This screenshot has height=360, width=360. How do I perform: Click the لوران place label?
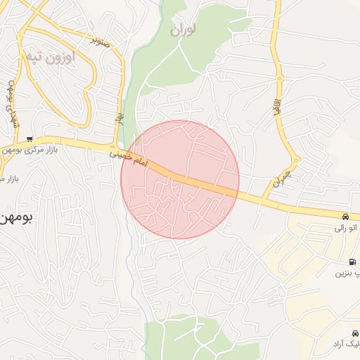(x=183, y=30)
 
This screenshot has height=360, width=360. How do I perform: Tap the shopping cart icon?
(x=29, y=139)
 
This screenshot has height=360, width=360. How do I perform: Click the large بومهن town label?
(x=15, y=219)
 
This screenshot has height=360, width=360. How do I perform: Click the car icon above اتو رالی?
(x=347, y=217)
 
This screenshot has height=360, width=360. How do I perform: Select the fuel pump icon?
(x=352, y=262)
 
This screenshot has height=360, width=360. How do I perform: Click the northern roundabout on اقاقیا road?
(x=279, y=77)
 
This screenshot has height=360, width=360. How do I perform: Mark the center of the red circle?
(x=180, y=179)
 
